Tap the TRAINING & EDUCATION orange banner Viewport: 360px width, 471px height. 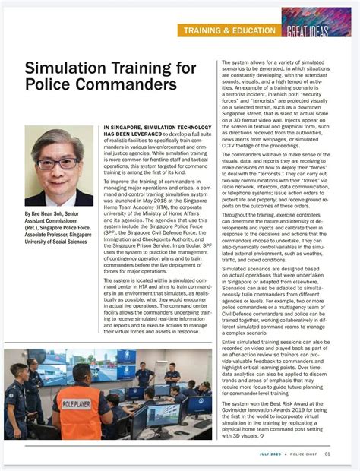[x=227, y=30]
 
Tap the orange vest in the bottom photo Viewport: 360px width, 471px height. [x=80, y=414]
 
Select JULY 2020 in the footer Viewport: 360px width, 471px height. [x=271, y=454]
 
